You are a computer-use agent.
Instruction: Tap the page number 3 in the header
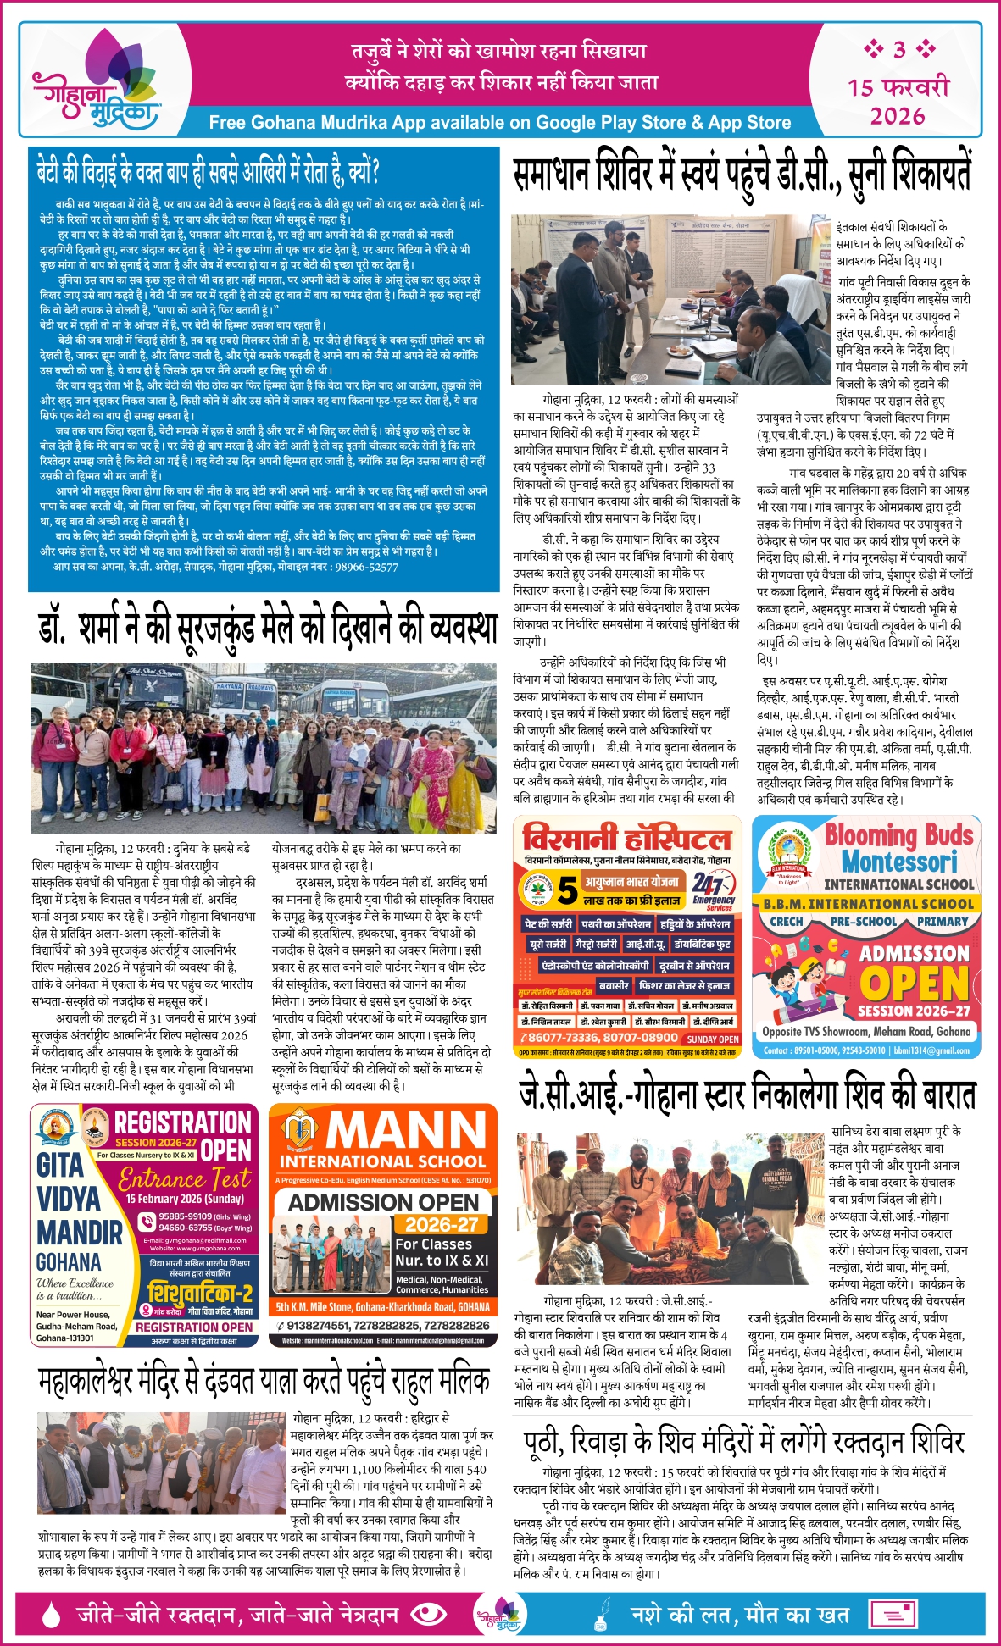tap(899, 50)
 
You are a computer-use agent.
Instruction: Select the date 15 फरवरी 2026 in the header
tap(898, 101)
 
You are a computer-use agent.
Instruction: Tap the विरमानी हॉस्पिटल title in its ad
tap(626, 839)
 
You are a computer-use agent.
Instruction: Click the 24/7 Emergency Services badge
tap(711, 890)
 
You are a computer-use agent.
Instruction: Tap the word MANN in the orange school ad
tap(407, 1130)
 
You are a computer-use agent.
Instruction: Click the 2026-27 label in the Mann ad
tap(441, 1224)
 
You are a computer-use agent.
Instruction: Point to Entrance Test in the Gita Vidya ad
tap(185, 1178)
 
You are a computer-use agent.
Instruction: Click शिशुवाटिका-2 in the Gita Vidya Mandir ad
tap(200, 1293)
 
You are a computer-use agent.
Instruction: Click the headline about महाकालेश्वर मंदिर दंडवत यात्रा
tap(264, 1381)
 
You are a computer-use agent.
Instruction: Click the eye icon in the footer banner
tap(427, 1614)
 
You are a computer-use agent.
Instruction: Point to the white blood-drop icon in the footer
tap(52, 1614)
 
